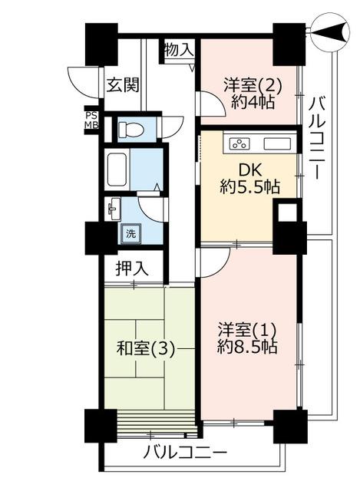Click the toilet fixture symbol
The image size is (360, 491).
point(130,130)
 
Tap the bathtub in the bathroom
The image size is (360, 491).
point(117,170)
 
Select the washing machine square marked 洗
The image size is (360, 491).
point(131,233)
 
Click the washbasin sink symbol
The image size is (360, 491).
point(114,209)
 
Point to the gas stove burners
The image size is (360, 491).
point(240,144)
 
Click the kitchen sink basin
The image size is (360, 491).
point(278,144)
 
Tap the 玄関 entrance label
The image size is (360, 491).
point(123,84)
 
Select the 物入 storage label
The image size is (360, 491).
point(179,50)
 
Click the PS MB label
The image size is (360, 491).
point(92,120)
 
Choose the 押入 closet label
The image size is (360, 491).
point(131,269)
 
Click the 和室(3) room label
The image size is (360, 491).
point(145,349)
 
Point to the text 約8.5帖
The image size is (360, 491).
point(247,347)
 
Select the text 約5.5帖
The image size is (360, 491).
point(249,187)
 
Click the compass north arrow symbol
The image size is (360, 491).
point(330,32)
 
